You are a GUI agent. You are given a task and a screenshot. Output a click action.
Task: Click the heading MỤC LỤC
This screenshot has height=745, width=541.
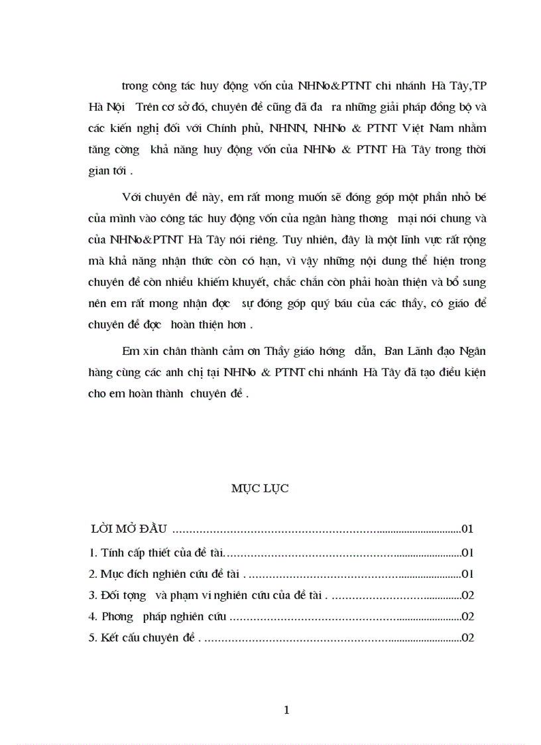(260, 489)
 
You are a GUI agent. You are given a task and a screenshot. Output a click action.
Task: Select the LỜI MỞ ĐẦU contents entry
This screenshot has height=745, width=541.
(131, 529)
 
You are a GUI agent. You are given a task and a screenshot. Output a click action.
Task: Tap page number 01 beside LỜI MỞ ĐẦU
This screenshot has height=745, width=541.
(467, 529)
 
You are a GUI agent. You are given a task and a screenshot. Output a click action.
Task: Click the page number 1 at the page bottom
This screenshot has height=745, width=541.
(286, 710)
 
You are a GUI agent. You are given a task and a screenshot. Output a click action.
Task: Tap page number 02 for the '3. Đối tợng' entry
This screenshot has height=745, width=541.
(467, 595)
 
